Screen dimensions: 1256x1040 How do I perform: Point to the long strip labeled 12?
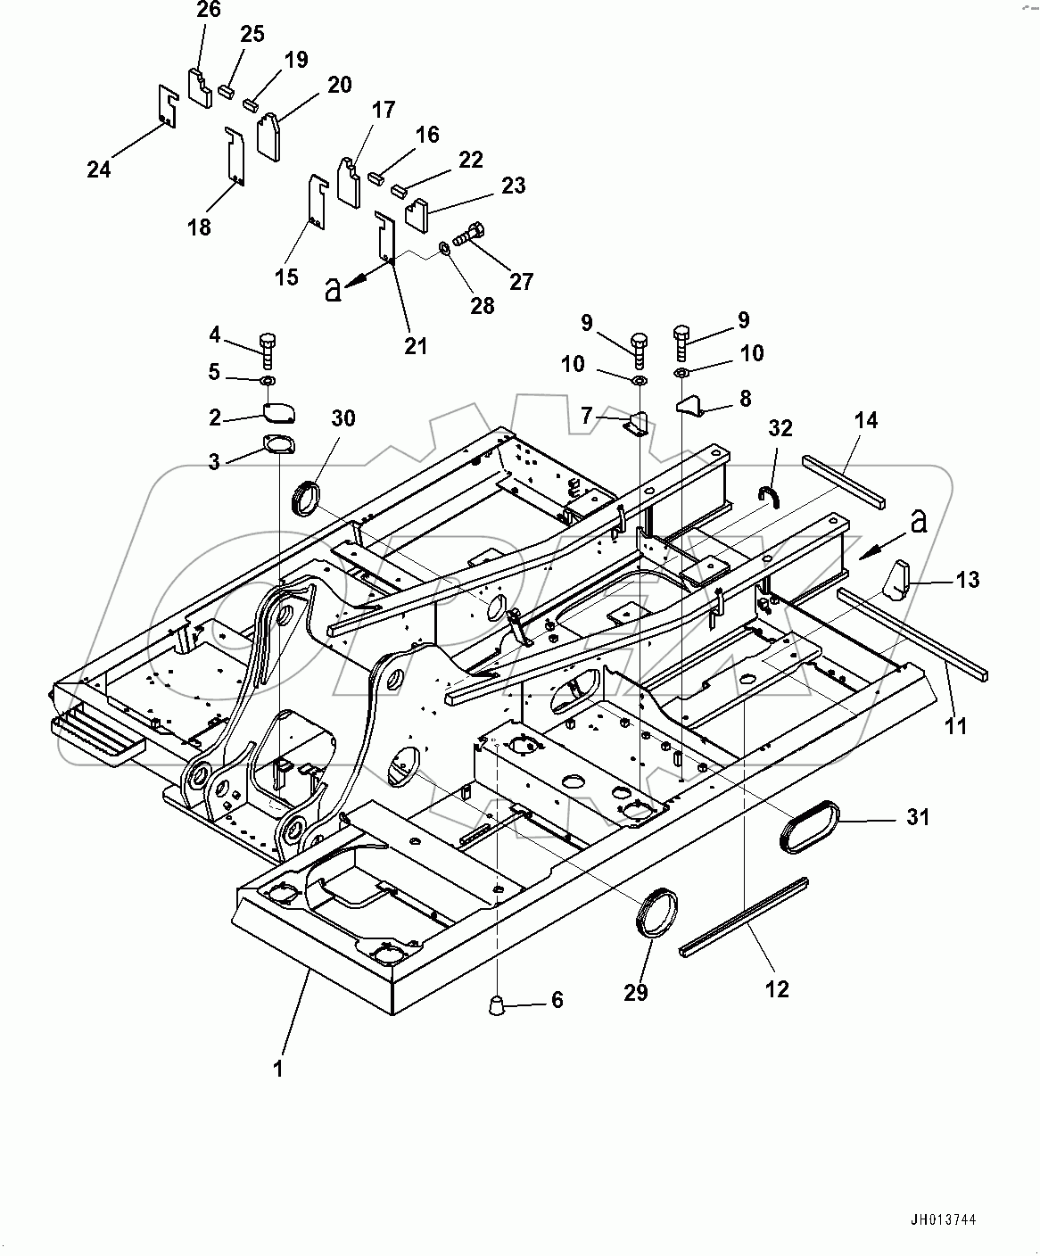744,918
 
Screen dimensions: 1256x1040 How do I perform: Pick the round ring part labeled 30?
309,496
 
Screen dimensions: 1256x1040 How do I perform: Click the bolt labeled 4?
268,351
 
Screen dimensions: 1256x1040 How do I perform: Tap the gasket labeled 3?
278,444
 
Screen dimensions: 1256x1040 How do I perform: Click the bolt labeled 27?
469,235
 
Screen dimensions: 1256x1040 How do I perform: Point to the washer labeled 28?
444,249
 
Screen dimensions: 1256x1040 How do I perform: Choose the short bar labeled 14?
844,478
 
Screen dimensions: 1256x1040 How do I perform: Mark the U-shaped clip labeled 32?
770,495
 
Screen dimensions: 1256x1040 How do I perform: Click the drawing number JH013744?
948,1220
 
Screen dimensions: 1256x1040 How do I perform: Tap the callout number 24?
99,168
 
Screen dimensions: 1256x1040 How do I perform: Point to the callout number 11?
955,726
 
